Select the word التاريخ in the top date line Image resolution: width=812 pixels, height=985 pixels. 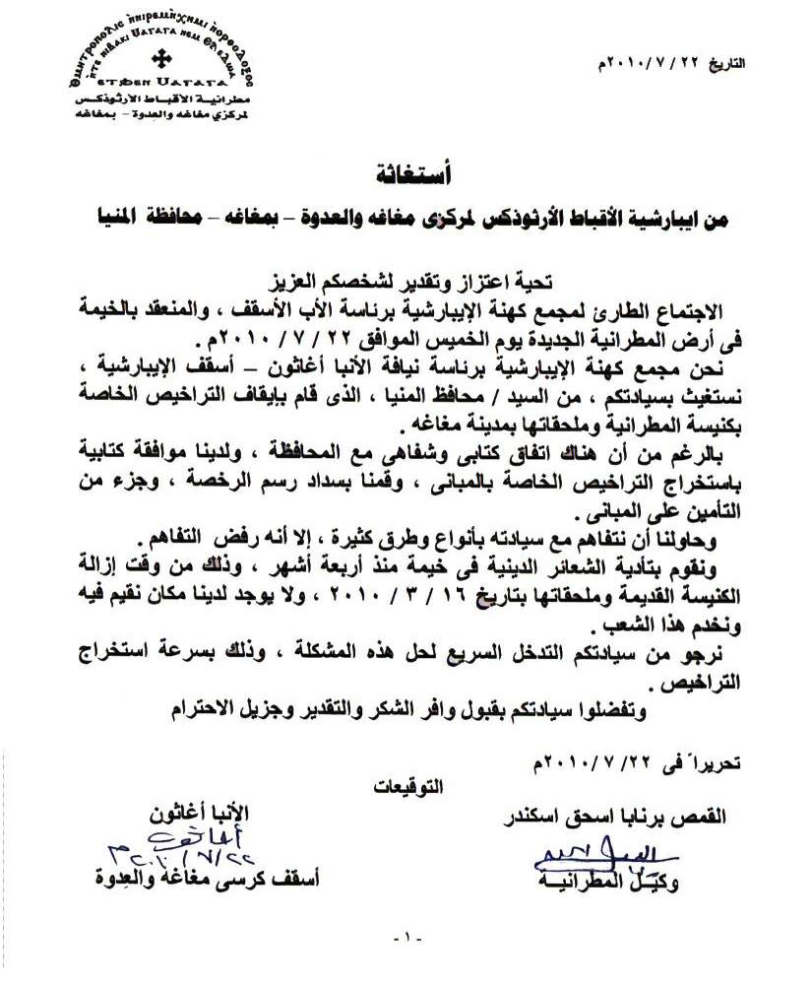pyautogui.click(x=726, y=64)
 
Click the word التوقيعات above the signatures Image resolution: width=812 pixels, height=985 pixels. pyautogui.click(x=410, y=785)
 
